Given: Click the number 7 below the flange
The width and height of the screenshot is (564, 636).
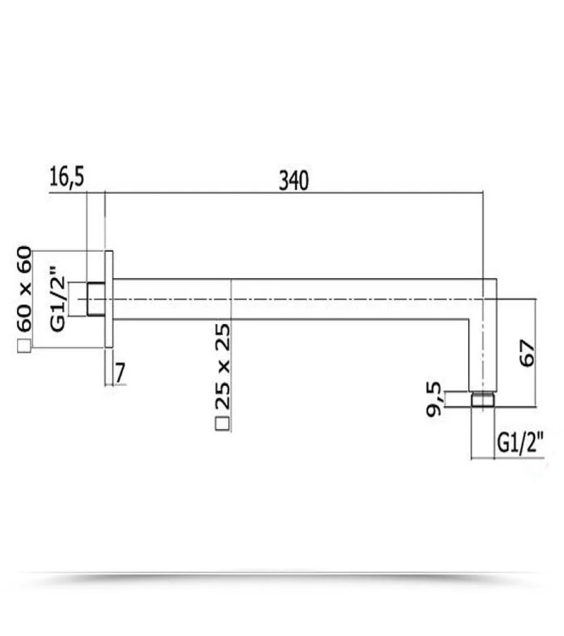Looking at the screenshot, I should tap(120, 371).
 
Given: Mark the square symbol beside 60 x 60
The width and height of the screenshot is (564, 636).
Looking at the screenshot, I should tap(24, 345).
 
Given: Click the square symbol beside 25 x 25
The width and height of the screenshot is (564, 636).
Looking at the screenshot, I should tap(222, 424).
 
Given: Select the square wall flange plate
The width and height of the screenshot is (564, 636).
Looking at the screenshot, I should tap(108, 299).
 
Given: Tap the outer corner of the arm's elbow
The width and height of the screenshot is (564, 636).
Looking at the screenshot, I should tap(494, 280).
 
